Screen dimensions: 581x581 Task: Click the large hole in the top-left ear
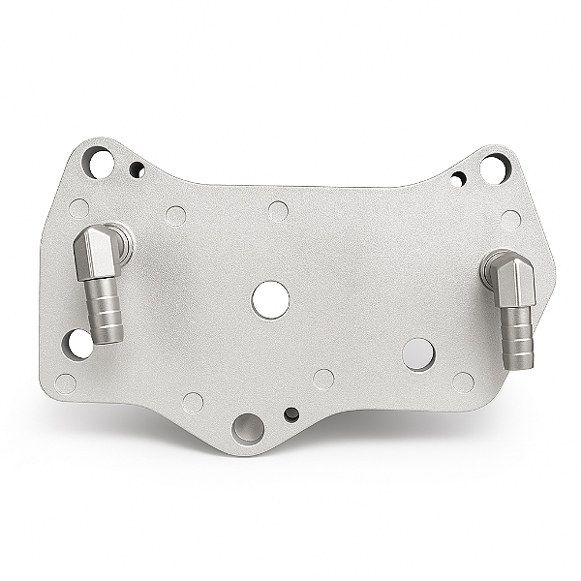[x=99, y=162]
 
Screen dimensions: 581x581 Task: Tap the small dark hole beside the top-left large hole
[x=138, y=170]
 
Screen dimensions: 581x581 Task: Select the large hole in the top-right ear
[x=494, y=168]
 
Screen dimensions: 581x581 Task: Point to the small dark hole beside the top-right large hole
[x=457, y=179]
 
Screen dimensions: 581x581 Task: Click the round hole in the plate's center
[x=270, y=299]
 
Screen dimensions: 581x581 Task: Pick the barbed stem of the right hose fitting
[x=518, y=335]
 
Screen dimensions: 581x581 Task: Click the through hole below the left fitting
[x=78, y=343]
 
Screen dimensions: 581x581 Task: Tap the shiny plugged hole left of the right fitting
[x=418, y=354]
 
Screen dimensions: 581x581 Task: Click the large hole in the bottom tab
[x=247, y=427]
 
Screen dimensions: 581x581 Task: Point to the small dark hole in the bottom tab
[x=291, y=414]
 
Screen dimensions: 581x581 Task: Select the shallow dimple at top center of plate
[x=278, y=211]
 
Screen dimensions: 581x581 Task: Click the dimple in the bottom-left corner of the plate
[x=66, y=383]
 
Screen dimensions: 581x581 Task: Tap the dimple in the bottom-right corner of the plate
[x=464, y=382]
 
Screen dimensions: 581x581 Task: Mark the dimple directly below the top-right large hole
[x=510, y=220]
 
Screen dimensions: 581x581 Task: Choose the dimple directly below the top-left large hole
[x=79, y=208]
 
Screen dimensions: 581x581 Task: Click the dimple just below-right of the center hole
[x=323, y=379]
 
